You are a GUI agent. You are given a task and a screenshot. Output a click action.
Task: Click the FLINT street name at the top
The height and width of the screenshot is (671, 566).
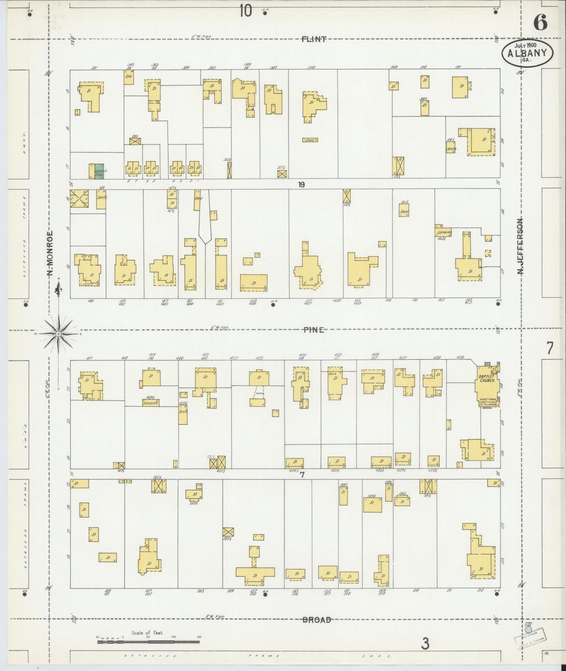click(x=314, y=39)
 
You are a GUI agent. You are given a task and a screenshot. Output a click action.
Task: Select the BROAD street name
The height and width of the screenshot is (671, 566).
click(x=316, y=620)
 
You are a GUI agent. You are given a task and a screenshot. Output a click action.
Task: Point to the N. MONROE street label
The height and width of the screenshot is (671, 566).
click(x=50, y=253)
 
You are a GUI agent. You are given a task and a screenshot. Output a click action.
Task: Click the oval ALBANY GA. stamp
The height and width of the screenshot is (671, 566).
click(x=527, y=54)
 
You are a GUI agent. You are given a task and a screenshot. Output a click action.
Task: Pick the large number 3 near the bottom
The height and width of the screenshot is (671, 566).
click(x=425, y=643)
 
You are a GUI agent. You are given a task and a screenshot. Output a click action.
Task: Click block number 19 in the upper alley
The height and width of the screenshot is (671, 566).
click(x=301, y=185)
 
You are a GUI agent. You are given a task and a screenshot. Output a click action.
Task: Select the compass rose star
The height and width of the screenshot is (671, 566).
click(x=58, y=334)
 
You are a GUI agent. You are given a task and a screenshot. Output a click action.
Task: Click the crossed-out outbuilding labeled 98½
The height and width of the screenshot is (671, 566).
click(x=135, y=141)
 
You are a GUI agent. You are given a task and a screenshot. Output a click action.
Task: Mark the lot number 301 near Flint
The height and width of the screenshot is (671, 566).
click(x=94, y=68)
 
